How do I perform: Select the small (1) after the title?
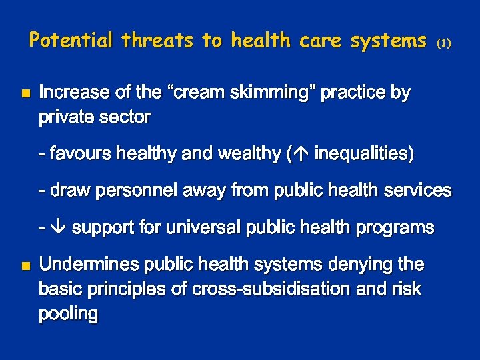(x=444, y=43)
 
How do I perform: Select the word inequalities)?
(x=364, y=154)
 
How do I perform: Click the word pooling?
(x=69, y=314)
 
